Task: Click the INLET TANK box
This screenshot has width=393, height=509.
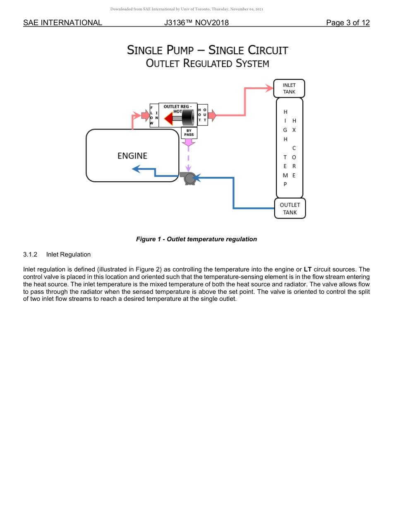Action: (289, 89)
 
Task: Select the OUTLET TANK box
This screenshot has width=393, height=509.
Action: (290, 209)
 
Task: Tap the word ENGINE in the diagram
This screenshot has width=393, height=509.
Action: (132, 156)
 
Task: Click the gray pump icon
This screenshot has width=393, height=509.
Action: (188, 178)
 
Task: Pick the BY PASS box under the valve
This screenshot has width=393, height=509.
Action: (189, 132)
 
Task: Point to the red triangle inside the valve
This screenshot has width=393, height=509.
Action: (168, 119)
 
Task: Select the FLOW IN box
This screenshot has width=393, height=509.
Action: (154, 115)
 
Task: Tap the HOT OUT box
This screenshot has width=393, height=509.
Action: (202, 115)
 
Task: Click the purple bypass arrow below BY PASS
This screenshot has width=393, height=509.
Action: (189, 143)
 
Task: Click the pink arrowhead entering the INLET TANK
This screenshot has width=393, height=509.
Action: (269, 88)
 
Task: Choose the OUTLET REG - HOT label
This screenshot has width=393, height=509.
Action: (177, 108)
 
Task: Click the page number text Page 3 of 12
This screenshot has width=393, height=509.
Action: (347, 23)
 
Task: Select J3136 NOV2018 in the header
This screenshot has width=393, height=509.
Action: (196, 23)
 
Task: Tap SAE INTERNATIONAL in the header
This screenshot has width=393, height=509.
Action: (62, 23)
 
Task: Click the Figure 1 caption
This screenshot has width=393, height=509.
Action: (196, 239)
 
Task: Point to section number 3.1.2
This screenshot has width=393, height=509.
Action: (31, 254)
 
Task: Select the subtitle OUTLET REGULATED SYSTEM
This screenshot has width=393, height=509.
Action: (207, 64)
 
